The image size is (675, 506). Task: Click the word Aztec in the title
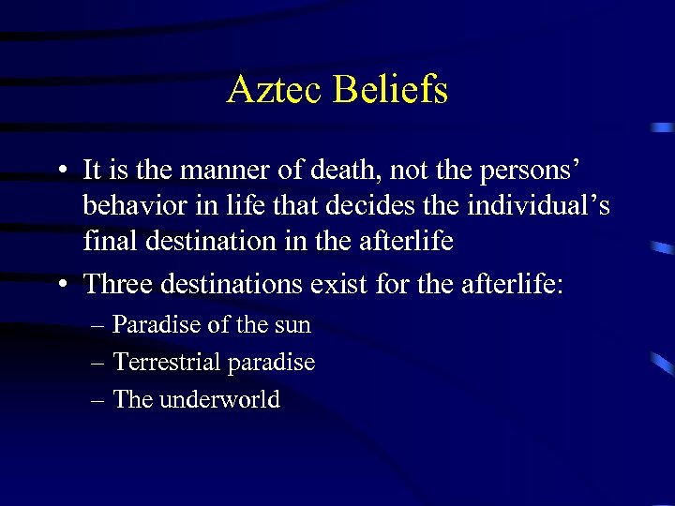(275, 90)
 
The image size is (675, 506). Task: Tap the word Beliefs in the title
(390, 90)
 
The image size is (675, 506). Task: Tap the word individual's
(533, 206)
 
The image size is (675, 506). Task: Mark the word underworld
(219, 399)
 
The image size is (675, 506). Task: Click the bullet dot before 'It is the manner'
(59, 172)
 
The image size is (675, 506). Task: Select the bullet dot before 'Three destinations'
(59, 284)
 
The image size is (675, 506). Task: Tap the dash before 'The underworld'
(98, 400)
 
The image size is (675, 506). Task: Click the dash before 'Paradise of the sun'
(98, 326)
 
